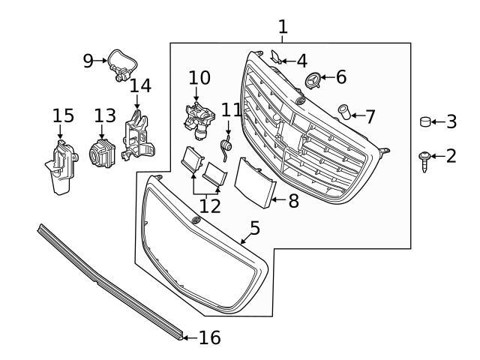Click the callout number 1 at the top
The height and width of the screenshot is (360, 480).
coord(283,27)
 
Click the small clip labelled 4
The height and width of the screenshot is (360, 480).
coord(276,57)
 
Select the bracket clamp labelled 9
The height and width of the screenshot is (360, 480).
coord(119,64)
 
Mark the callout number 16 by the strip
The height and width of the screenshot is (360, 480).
coord(210,338)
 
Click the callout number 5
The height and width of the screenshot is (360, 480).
coord(255,226)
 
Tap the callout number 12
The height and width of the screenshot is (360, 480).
coord(210,206)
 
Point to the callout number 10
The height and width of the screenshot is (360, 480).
coord(199,77)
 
